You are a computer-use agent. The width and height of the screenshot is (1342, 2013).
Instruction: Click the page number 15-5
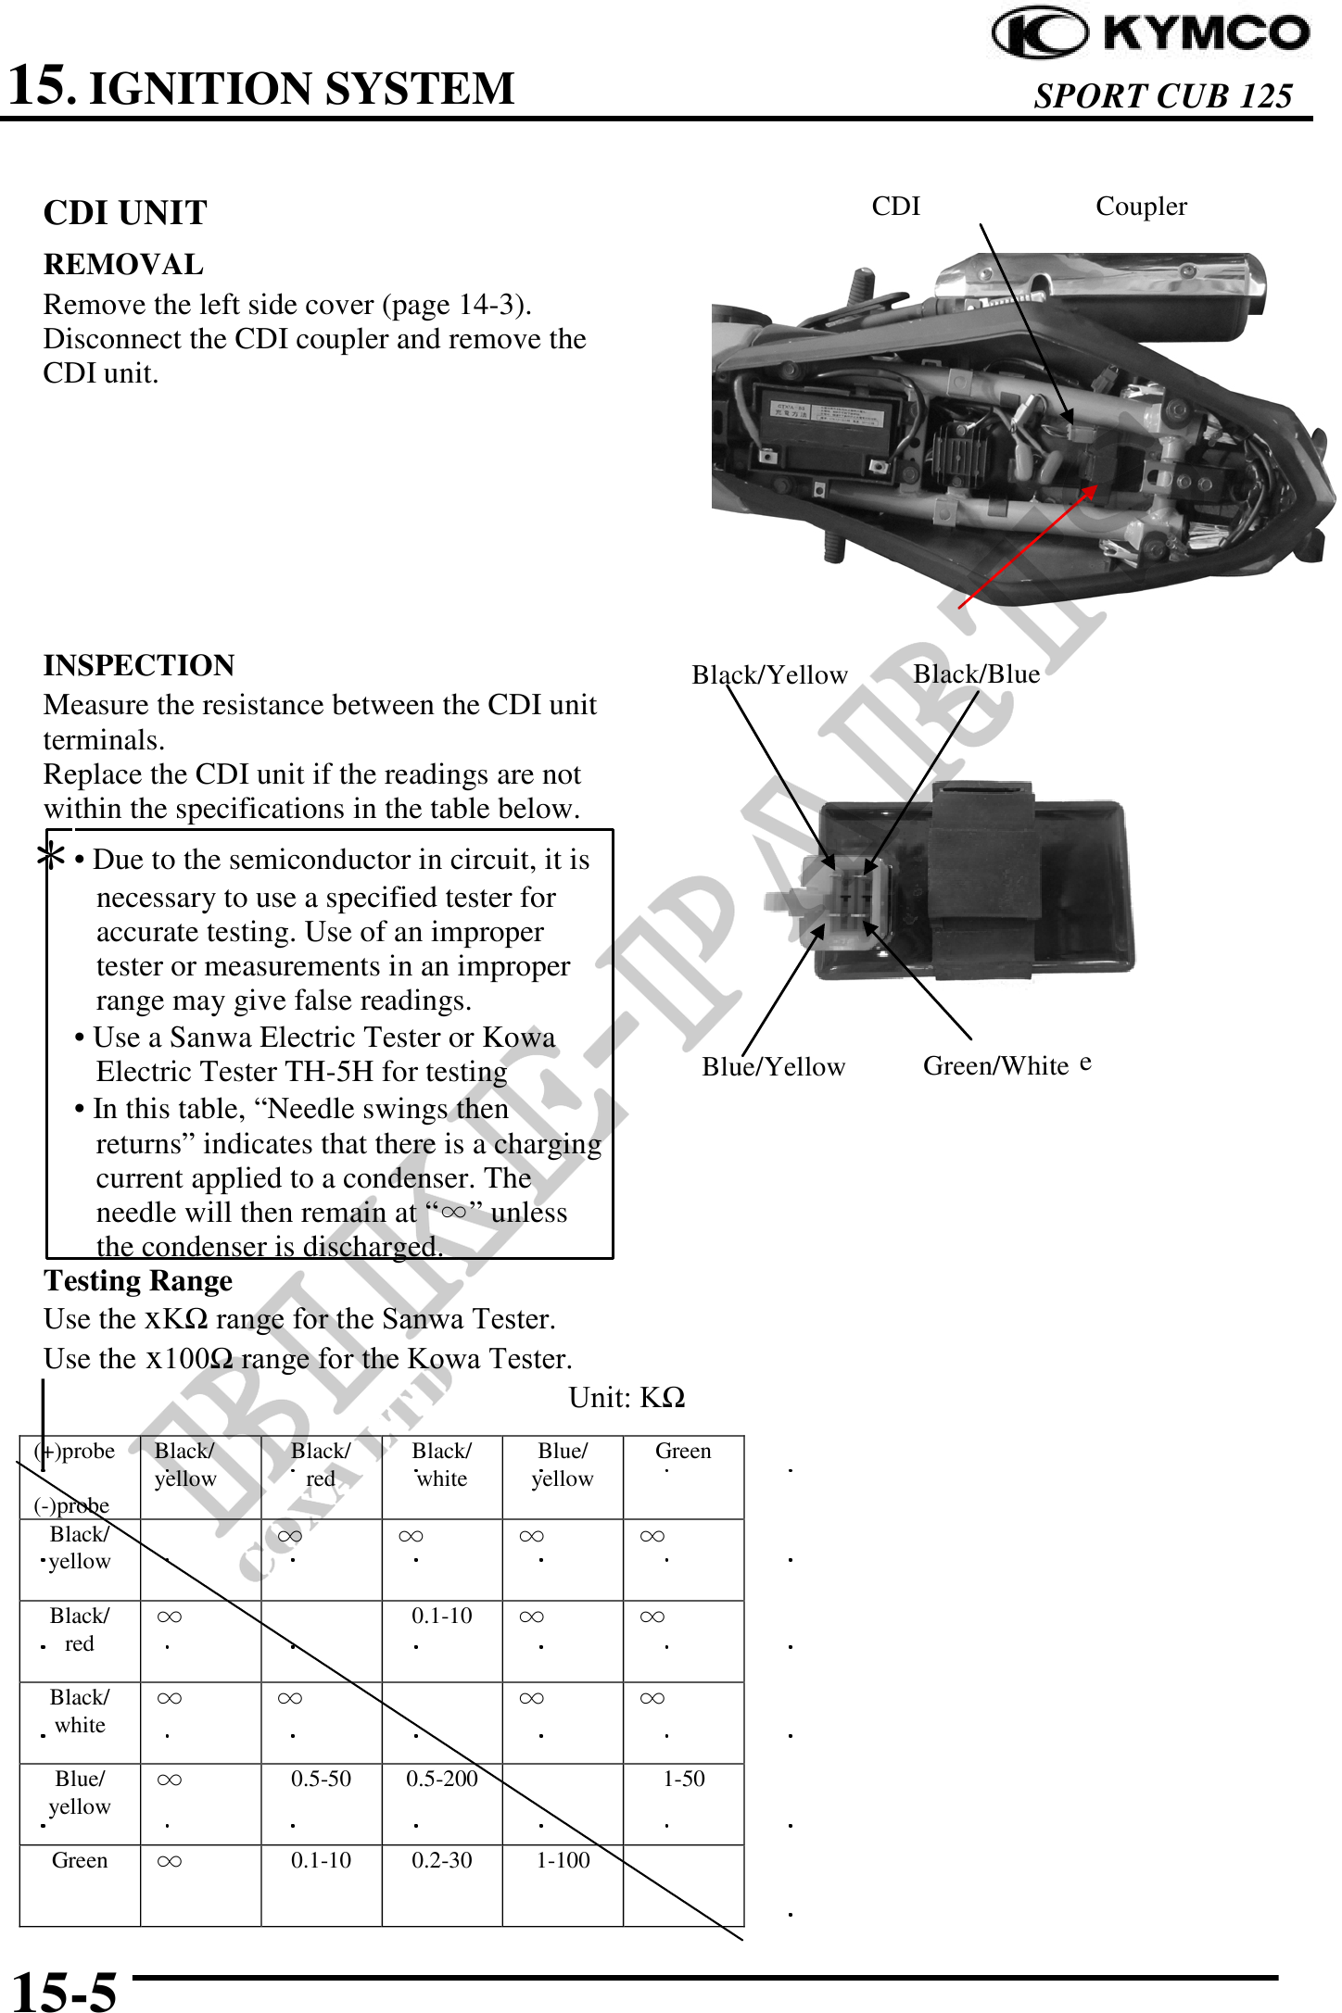(x=64, y=1990)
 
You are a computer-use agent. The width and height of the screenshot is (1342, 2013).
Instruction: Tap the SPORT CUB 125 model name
(x=1162, y=95)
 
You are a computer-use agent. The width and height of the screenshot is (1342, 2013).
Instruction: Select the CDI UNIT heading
(x=125, y=213)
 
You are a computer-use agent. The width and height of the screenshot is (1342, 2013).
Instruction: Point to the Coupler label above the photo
(x=1141, y=206)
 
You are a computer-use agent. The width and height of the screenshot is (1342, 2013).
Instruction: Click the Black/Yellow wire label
(x=769, y=674)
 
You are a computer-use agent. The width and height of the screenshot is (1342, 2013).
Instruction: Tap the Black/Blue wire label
(x=976, y=673)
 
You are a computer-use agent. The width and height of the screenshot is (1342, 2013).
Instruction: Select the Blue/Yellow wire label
(x=773, y=1066)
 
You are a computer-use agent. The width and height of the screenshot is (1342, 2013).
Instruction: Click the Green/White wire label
(x=996, y=1065)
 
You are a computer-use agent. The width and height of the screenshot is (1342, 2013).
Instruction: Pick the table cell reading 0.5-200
(x=442, y=1779)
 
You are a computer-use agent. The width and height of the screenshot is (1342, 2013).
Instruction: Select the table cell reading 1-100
(x=563, y=1860)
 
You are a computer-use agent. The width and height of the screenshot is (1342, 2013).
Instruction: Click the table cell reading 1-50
(x=684, y=1779)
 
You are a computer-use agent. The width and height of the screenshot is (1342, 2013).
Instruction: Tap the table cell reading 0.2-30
(x=442, y=1860)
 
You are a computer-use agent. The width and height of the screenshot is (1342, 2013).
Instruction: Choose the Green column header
(x=683, y=1451)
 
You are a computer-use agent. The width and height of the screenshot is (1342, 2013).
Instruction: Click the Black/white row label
(x=80, y=1711)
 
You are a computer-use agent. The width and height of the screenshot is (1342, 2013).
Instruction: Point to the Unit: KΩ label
(x=627, y=1397)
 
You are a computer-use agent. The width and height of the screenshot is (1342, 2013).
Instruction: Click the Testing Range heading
(x=138, y=1280)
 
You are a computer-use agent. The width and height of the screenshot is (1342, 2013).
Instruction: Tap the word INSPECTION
(x=139, y=665)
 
